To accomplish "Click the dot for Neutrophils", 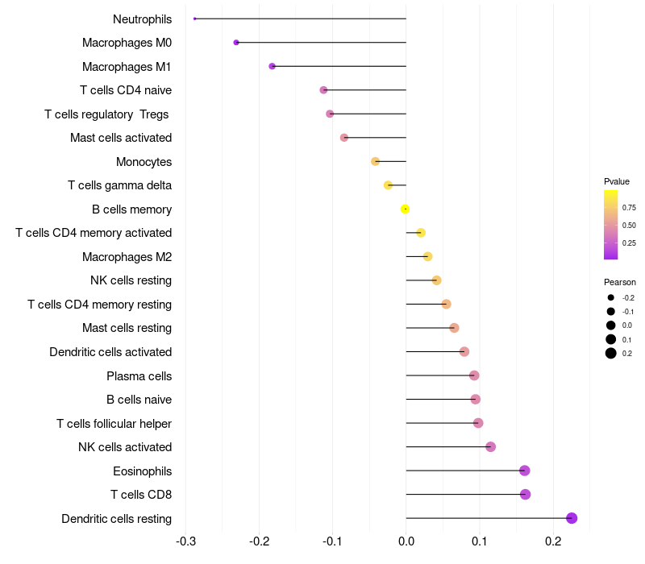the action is pos(194,19).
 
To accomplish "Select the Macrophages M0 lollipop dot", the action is pos(236,43).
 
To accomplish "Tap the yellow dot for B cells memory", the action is pos(405,209).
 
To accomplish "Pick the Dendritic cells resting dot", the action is pos(572,518).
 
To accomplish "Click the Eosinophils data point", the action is pos(525,471).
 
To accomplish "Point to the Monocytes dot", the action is pos(375,161).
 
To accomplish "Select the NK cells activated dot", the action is pos(490,446).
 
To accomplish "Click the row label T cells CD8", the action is pos(140,495).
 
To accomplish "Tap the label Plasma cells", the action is pos(139,376).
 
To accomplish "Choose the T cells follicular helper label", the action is pos(114,424).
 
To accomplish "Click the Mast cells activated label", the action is pos(121,138).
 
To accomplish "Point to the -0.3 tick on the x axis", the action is pos(185,541).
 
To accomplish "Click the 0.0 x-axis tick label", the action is pos(406,541).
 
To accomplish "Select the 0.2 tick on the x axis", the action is pos(553,541).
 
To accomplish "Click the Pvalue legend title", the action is pos(617,181).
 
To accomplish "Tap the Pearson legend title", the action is pos(619,282).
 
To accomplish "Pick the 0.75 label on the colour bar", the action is pos(629,208).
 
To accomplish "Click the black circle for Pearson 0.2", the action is pos(611,353).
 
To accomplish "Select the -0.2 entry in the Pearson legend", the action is pos(628,297).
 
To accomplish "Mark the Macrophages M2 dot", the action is pos(427,256).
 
